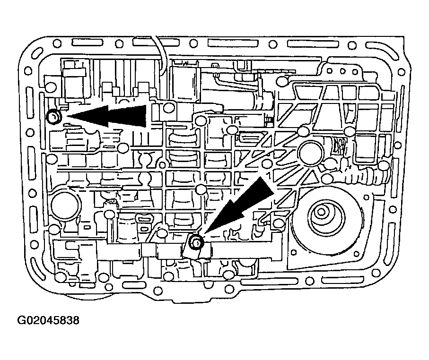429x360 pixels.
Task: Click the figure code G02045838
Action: [48, 320]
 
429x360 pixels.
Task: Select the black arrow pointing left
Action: [107, 116]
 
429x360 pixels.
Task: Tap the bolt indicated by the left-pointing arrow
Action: [53, 116]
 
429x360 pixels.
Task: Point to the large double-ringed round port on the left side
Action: [65, 204]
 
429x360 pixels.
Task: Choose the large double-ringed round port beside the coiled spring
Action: [311, 153]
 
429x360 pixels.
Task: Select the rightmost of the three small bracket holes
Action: [355, 72]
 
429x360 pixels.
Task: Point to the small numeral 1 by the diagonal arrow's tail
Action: [269, 175]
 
